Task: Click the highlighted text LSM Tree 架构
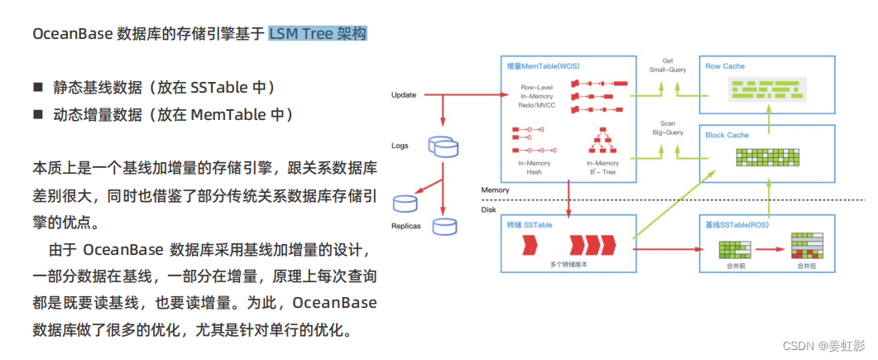[317, 34]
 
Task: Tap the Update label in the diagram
[403, 95]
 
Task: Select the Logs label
[400, 146]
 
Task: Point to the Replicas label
[405, 226]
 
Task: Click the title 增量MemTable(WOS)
[543, 65]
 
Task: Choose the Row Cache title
[726, 65]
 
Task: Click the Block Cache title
[727, 135]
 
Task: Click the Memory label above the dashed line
[496, 190]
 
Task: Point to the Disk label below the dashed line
[489, 209]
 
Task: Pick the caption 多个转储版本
[569, 264]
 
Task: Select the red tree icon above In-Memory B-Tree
[602, 142]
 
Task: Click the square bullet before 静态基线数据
[37, 88]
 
